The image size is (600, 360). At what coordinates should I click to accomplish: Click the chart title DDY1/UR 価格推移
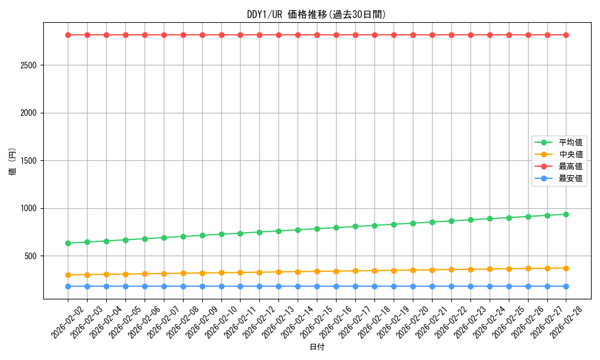(317, 14)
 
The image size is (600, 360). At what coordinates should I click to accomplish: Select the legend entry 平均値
(571, 142)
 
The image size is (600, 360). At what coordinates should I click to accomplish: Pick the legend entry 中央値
(571, 154)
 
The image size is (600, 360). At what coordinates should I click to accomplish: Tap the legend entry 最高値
(571, 166)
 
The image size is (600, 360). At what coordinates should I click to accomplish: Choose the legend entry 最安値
(571, 178)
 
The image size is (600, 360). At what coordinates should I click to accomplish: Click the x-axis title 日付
(317, 347)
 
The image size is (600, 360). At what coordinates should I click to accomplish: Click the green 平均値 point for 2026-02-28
(566, 214)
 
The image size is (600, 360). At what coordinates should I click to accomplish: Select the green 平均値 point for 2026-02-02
(68, 243)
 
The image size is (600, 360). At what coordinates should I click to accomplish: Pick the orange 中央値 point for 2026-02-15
(317, 271)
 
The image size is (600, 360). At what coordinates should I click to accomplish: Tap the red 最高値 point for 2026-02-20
(413, 35)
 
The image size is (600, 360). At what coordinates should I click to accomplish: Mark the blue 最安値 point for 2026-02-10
(221, 286)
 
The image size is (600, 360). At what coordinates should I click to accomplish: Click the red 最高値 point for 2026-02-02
(68, 35)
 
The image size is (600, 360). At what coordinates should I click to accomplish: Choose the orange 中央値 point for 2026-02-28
(566, 268)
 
